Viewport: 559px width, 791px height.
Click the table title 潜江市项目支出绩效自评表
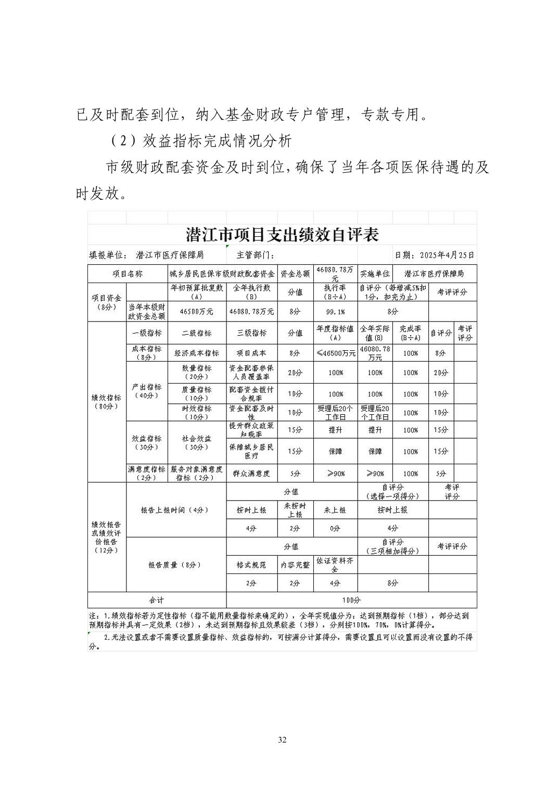282,235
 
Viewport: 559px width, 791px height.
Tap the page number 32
282,740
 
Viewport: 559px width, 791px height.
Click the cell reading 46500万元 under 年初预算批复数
196,311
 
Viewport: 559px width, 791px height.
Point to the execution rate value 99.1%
335,311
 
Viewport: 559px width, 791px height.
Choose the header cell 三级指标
251,333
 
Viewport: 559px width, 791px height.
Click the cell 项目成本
251,353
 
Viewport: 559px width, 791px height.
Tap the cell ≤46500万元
336,353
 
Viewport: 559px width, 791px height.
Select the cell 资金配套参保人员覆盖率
251,373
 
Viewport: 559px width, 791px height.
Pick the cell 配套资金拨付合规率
251,393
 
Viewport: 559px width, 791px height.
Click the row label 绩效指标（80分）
107,402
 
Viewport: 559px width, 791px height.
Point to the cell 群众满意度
251,474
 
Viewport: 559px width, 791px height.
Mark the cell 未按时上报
295,510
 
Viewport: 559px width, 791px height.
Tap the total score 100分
351,600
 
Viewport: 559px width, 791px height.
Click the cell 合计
156,600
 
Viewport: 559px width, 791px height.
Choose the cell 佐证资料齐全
335,565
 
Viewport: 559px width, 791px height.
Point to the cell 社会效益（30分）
196,442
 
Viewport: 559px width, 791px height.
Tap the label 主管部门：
255,255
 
